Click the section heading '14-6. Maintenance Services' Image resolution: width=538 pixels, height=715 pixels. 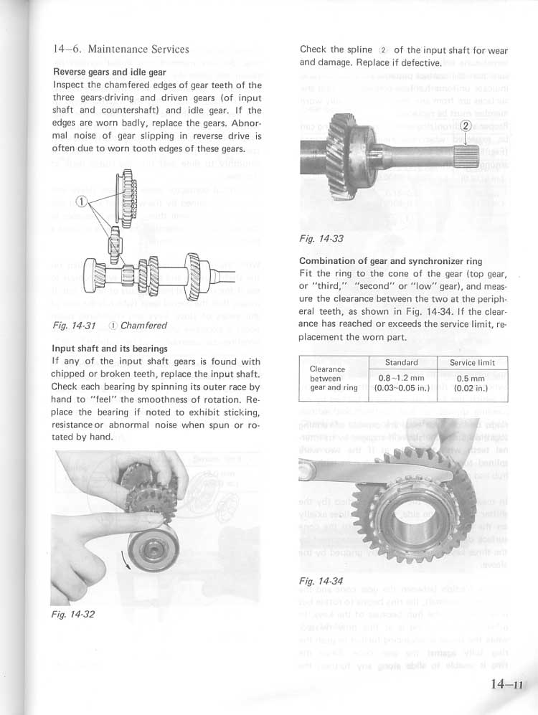coord(121,49)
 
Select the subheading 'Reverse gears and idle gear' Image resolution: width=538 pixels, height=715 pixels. coord(110,72)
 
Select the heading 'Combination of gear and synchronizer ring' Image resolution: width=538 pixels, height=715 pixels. coord(390,261)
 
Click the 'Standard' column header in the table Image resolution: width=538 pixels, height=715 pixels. coord(401,363)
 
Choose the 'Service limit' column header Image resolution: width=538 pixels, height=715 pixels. coord(472,363)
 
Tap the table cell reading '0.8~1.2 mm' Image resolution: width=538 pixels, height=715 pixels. coord(401,378)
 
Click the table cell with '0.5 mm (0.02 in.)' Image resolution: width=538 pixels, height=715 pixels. coord(472,383)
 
